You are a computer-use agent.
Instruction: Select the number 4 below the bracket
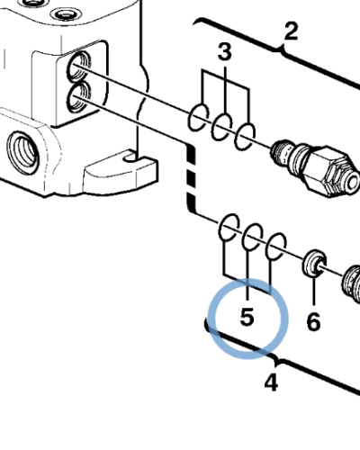point(271,382)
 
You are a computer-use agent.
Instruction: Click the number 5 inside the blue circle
point(247,318)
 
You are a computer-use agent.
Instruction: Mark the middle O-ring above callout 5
point(252,236)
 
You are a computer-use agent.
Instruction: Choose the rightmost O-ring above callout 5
point(277,247)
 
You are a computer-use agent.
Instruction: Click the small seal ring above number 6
point(313,263)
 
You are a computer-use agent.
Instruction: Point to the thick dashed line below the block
point(190,180)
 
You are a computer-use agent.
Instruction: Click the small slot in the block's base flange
point(133,158)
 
